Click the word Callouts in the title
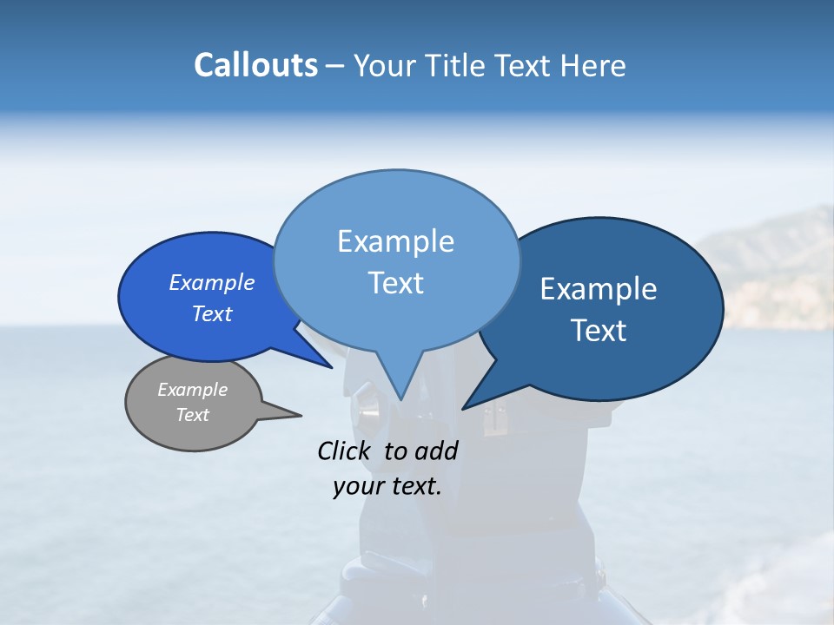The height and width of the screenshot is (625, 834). (x=255, y=66)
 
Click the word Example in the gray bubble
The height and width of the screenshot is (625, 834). (x=193, y=390)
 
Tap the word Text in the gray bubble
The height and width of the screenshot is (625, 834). (x=193, y=415)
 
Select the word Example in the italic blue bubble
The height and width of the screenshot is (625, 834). (x=212, y=282)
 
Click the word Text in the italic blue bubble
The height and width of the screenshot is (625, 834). (x=212, y=313)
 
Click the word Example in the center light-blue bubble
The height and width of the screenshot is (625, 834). (x=395, y=241)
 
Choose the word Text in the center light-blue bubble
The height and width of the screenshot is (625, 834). (x=395, y=283)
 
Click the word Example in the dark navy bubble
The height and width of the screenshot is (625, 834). (x=599, y=289)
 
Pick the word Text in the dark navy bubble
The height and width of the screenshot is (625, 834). (x=599, y=331)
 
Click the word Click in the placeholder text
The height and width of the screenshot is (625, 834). (x=347, y=451)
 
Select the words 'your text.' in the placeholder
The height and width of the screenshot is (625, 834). (x=387, y=487)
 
